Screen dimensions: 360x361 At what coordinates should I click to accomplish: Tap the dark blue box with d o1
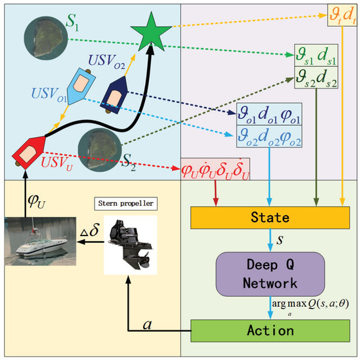[x=268, y=113]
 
